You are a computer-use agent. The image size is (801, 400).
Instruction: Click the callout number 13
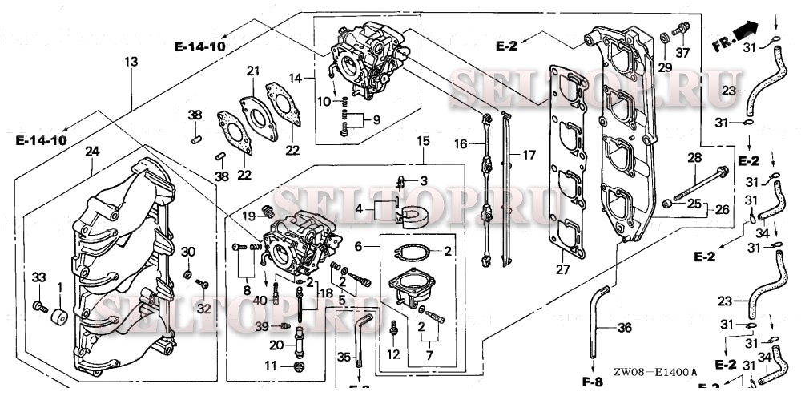pyautogui.click(x=131, y=62)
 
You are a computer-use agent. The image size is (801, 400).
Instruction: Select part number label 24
pyautogui.click(x=92, y=151)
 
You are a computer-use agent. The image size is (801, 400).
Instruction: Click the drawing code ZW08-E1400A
pyautogui.click(x=655, y=371)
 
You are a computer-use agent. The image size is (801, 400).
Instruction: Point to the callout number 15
pyautogui.click(x=424, y=141)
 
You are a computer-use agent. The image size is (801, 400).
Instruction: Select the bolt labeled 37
pyautogui.click(x=682, y=30)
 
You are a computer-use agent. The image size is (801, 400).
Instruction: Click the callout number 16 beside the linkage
pyautogui.click(x=461, y=143)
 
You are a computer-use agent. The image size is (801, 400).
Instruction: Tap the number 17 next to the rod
pyautogui.click(x=528, y=154)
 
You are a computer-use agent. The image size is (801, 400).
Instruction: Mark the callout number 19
pyautogui.click(x=248, y=216)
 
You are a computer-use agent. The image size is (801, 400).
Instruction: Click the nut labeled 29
pyautogui.click(x=666, y=38)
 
